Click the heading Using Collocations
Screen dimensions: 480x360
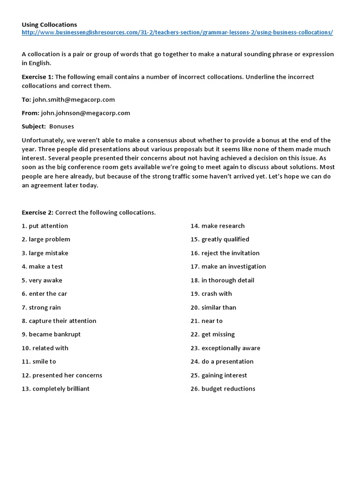click(49, 24)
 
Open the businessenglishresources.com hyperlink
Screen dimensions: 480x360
click(178, 32)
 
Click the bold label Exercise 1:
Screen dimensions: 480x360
click(37, 77)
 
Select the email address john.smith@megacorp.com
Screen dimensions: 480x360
click(74, 99)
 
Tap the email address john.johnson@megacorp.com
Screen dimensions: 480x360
click(85, 113)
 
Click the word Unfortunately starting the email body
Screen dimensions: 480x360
click(41, 140)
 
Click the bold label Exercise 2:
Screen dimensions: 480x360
click(37, 212)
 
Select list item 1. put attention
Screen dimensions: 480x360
click(45, 226)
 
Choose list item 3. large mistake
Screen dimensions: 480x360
click(45, 253)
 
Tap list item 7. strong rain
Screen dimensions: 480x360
click(41, 307)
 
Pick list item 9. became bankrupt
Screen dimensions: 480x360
click(51, 334)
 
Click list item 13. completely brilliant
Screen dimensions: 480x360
click(55, 389)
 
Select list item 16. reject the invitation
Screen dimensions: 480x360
click(225, 253)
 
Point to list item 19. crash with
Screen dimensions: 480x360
click(211, 294)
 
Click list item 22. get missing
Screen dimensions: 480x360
click(212, 334)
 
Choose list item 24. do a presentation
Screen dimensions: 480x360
click(222, 361)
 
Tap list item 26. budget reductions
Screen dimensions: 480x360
click(223, 389)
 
